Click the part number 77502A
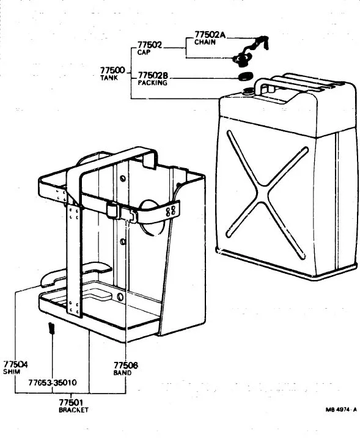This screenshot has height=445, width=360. tap(210, 34)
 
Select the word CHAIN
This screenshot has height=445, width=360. tap(205, 42)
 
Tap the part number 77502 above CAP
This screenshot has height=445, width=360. tap(150, 45)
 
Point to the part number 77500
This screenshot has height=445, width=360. tap(112, 70)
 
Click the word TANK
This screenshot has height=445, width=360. tap(109, 78)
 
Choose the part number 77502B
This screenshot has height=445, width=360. tap(153, 75)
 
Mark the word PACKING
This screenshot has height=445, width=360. tap(152, 83)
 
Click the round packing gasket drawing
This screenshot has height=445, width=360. tap(245, 76)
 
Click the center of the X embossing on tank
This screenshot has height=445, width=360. tap(263, 194)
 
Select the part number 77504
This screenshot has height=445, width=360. tap(16, 364)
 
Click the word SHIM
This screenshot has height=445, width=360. tap(12, 372)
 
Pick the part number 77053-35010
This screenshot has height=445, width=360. tap(53, 383)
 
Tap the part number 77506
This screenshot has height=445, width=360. tap(126, 366)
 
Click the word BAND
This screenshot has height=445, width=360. tap(122, 373)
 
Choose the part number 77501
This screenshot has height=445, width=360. tap(71, 402)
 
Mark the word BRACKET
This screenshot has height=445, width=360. tap(73, 410)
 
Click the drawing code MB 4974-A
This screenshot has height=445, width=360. tap(341, 410)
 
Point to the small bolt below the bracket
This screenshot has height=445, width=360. tap(51, 328)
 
